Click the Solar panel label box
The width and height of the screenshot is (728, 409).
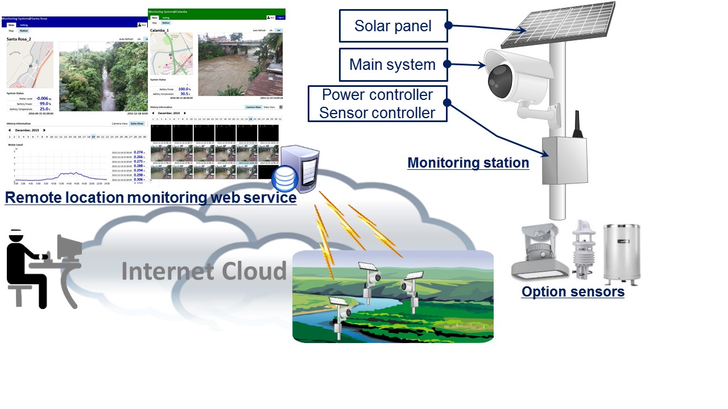pyautogui.click(x=393, y=26)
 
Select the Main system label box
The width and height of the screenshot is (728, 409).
pyautogui.click(x=393, y=64)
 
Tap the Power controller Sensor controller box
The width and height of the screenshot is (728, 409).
pyautogui.click(x=377, y=103)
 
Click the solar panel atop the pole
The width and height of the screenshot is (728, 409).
pyautogui.click(x=558, y=24)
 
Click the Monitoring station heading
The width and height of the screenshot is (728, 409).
pyautogui.click(x=468, y=163)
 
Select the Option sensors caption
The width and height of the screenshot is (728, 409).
pyautogui.click(x=573, y=292)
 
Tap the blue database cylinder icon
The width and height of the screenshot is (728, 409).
pyautogui.click(x=284, y=180)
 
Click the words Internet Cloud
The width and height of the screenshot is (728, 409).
pyautogui.click(x=204, y=271)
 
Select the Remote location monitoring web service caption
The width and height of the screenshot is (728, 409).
pyautogui.click(x=150, y=198)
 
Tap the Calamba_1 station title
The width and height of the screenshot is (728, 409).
pyautogui.click(x=160, y=30)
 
